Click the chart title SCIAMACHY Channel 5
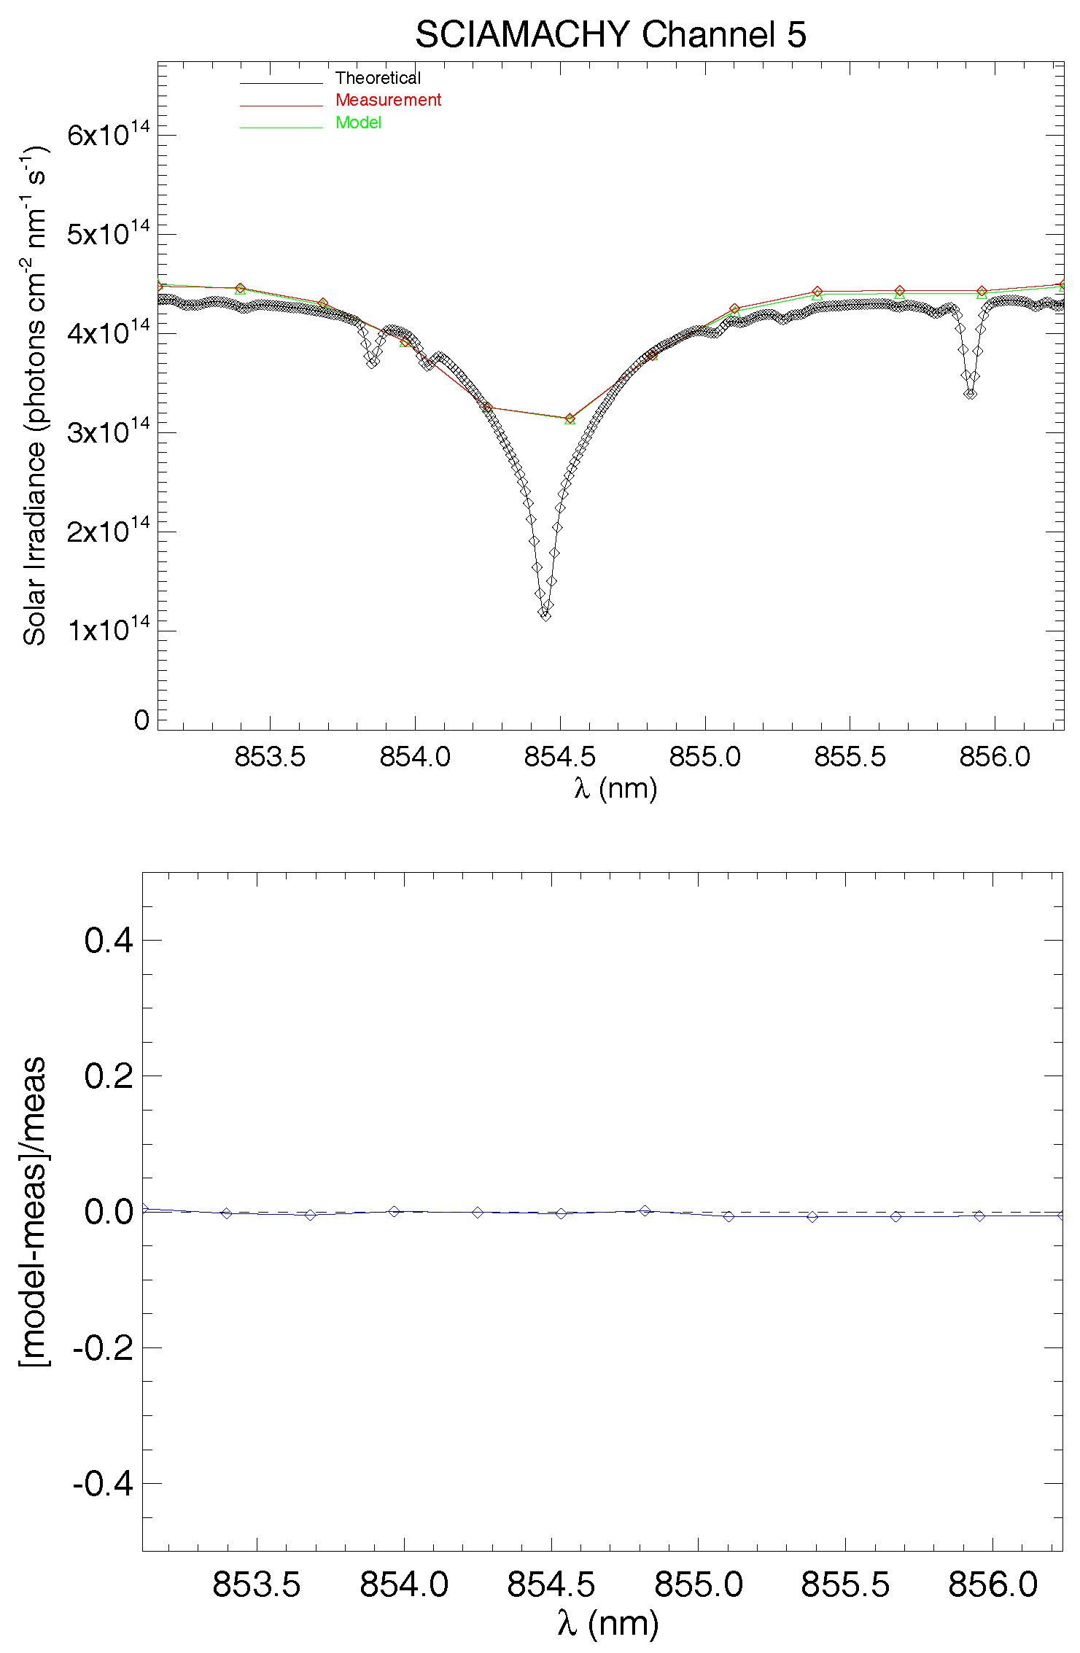[x=610, y=34]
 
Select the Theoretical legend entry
[x=378, y=78]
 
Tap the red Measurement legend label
[x=388, y=100]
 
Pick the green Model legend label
[x=358, y=122]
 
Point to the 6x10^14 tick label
[x=108, y=133]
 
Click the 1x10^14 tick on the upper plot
[x=108, y=629]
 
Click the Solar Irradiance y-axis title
[x=34, y=396]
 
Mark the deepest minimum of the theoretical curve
[x=545, y=615]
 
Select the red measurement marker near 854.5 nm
[x=570, y=419]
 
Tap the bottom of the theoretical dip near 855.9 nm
[x=970, y=394]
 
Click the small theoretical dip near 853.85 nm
[x=372, y=362]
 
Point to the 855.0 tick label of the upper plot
[x=704, y=756]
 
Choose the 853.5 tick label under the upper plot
[x=270, y=756]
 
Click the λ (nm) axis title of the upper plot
[x=615, y=788]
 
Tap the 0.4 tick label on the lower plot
[x=109, y=940]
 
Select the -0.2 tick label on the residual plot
[x=103, y=1347]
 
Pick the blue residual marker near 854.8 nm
[x=645, y=1210]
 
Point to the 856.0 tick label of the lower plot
[x=992, y=1584]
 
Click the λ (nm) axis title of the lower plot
[x=607, y=1623]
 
